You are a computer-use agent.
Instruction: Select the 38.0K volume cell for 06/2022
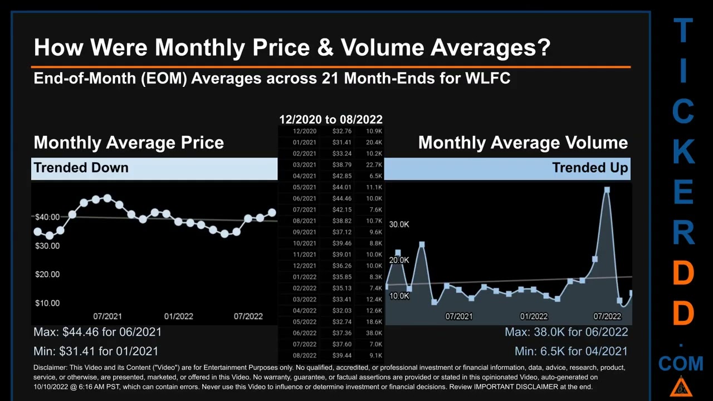click(x=374, y=333)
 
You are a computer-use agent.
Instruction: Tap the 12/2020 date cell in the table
click(x=304, y=131)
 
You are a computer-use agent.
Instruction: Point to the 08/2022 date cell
click(x=304, y=355)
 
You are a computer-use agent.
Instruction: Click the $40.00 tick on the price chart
click(x=47, y=217)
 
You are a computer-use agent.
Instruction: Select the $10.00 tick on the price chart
click(x=47, y=303)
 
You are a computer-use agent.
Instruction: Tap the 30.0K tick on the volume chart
click(x=399, y=224)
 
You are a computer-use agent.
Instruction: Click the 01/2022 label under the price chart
click(x=178, y=316)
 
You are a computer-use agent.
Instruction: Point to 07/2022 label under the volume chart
click(x=607, y=316)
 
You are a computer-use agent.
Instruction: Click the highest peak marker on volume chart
click(x=607, y=190)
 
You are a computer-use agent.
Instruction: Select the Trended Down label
click(x=81, y=168)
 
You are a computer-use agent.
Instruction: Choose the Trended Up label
click(x=590, y=168)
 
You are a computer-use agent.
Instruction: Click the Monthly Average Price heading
click(x=129, y=143)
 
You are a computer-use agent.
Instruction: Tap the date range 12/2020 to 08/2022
click(x=330, y=119)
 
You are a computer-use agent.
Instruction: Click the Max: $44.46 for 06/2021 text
click(x=97, y=332)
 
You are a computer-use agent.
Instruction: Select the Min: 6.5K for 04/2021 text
click(x=571, y=351)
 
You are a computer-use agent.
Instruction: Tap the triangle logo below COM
click(x=680, y=387)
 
